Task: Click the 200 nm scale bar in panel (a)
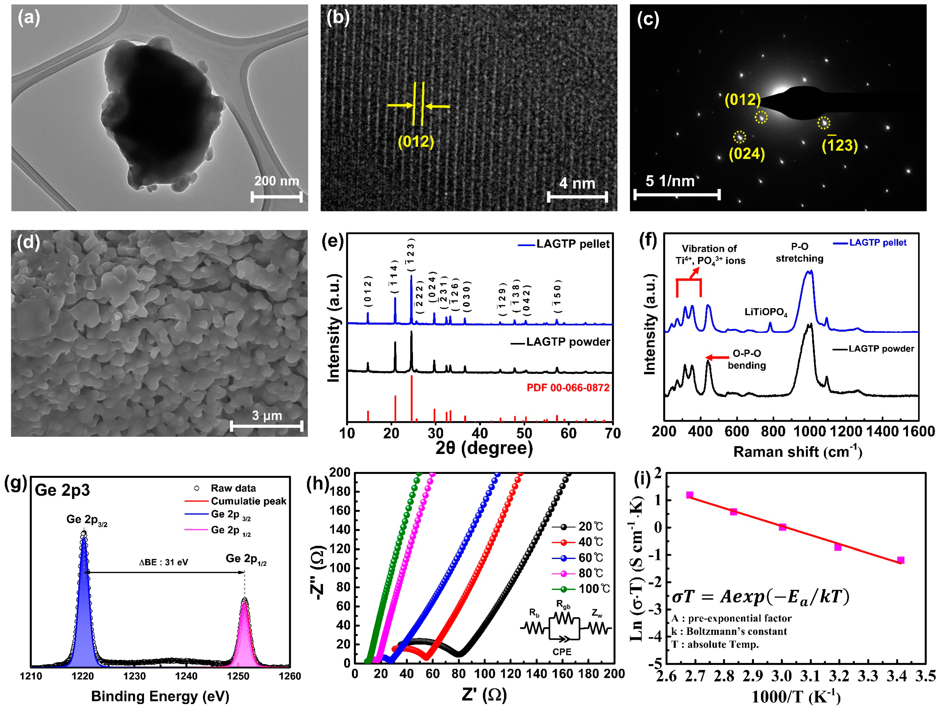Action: [276, 196]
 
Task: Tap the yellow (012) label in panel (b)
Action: [416, 141]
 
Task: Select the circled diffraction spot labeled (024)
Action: [739, 137]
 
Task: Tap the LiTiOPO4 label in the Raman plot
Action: [766, 312]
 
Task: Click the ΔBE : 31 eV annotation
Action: [164, 562]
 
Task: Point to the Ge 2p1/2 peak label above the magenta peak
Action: [246, 559]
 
